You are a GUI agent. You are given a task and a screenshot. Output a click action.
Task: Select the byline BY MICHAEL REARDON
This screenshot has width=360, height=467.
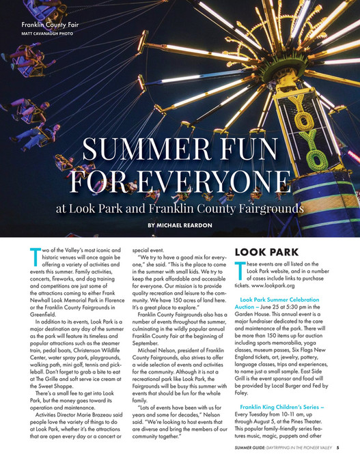pos(180,225)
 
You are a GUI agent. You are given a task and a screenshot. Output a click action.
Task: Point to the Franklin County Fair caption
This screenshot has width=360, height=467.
pos(49,25)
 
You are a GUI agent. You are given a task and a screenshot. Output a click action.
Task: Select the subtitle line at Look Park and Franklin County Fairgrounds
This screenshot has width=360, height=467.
pos(180,206)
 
